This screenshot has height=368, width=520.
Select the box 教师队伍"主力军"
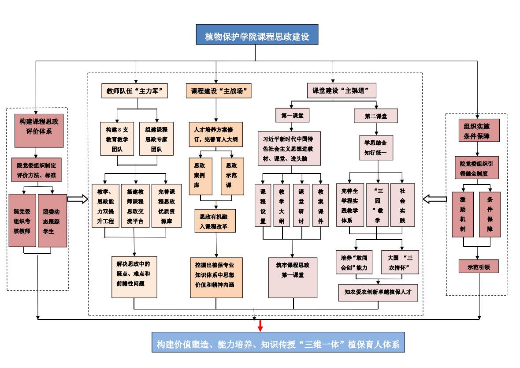(x=136, y=91)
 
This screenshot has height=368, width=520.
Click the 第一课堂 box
(x=292, y=116)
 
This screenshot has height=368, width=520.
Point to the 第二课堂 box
(x=375, y=116)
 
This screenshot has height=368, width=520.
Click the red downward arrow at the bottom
(x=260, y=326)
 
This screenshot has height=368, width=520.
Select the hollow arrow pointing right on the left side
(x=78, y=199)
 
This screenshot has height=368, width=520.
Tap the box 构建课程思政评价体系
(x=39, y=126)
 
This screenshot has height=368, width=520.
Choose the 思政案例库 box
(x=200, y=176)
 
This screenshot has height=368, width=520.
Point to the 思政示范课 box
(x=232, y=176)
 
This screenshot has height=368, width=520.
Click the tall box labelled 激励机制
(x=463, y=214)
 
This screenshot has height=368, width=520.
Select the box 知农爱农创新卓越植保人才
(x=378, y=292)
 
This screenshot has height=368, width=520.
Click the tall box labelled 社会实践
(x=402, y=205)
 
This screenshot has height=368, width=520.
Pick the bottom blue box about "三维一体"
(x=278, y=344)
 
